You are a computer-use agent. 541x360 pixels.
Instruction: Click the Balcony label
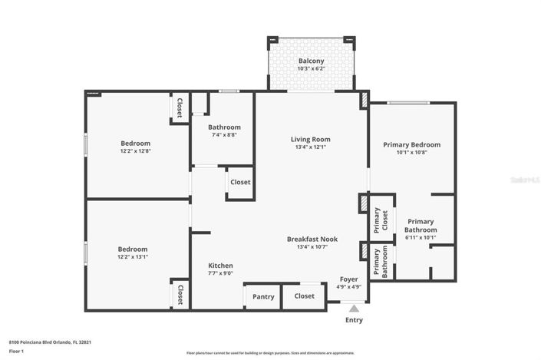(x=311, y=61)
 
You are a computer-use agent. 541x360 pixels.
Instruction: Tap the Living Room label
(x=310, y=139)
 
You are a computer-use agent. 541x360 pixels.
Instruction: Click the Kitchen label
(x=220, y=266)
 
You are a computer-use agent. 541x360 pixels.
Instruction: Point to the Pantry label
(x=263, y=296)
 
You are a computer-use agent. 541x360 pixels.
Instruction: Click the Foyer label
(x=348, y=279)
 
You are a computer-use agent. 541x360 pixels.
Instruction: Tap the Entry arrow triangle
(x=354, y=308)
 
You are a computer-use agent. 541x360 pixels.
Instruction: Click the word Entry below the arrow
(x=354, y=320)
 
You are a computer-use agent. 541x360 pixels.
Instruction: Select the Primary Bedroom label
(x=412, y=144)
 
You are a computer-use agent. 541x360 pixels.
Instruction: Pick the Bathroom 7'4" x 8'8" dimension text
(x=224, y=135)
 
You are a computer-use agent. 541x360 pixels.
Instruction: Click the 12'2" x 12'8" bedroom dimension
(x=135, y=151)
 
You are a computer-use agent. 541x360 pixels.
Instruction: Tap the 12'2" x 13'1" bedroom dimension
(x=133, y=257)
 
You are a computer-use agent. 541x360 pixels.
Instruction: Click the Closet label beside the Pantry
(x=304, y=296)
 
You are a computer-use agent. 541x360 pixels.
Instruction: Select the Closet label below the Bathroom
(x=240, y=183)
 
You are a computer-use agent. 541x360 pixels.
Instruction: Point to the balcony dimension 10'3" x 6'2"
(x=311, y=69)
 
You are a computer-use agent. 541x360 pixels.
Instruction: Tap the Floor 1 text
(x=17, y=352)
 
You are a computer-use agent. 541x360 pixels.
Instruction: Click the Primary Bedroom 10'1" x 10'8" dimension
(x=412, y=152)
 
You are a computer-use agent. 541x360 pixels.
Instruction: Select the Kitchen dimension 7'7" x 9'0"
(x=220, y=273)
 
